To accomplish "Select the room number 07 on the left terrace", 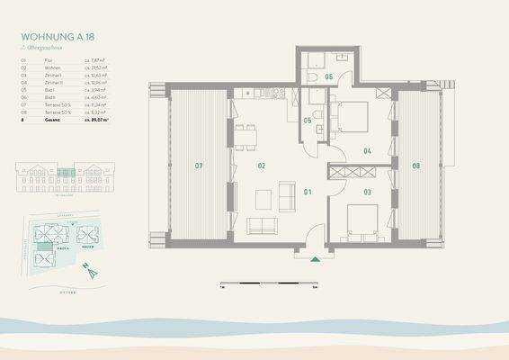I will click(x=198, y=166).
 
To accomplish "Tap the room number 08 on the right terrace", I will click(x=415, y=166).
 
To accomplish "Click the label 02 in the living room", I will click(x=262, y=166).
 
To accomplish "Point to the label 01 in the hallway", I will click(x=306, y=192).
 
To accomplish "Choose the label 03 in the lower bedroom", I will click(x=367, y=192).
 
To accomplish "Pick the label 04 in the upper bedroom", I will click(x=367, y=151).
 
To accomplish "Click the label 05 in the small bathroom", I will click(x=308, y=121).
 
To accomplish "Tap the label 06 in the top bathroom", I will click(x=329, y=78).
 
